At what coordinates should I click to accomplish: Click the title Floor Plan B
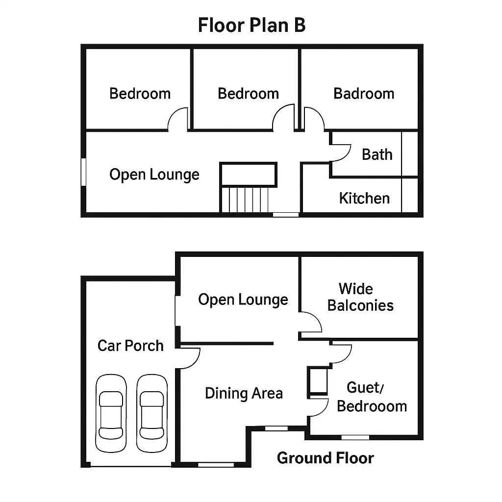[x=251, y=25]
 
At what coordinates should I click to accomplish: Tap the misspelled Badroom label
[x=364, y=94]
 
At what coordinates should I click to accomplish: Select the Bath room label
[x=377, y=154]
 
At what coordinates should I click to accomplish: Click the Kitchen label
[x=364, y=198]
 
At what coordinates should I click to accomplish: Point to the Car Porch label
[x=130, y=346]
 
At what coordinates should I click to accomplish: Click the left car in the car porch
[x=111, y=413]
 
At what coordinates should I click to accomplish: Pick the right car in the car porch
[x=152, y=413]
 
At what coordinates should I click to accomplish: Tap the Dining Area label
[x=244, y=393]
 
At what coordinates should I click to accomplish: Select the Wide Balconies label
[x=360, y=297]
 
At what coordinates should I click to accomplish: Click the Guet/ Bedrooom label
[x=372, y=397]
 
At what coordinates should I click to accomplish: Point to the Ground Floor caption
[x=326, y=458]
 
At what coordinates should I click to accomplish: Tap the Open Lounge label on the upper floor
[x=154, y=175]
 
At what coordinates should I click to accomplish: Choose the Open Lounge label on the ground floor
[x=243, y=300]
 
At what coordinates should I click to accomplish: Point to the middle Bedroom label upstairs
[x=248, y=94]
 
